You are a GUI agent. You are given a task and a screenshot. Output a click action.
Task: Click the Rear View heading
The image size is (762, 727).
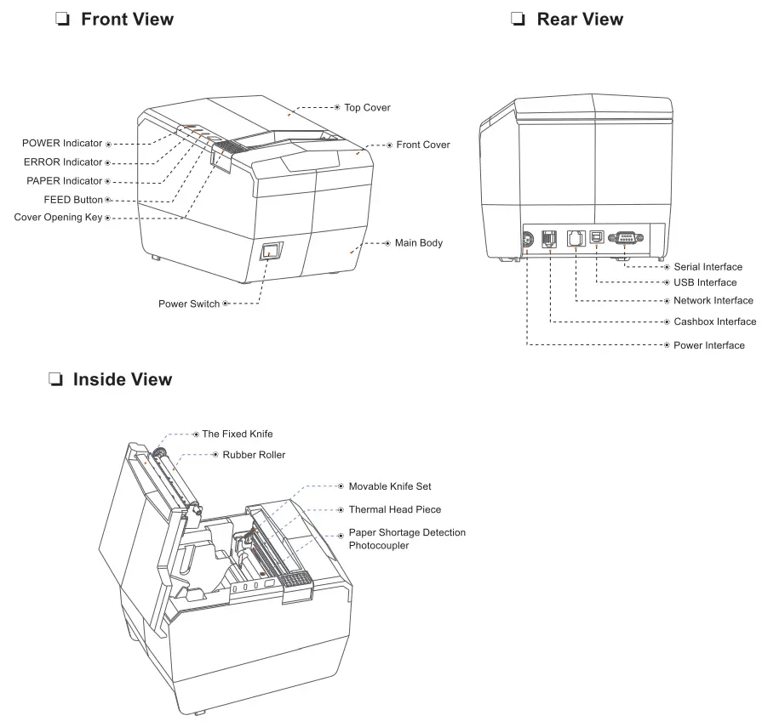tap(579, 19)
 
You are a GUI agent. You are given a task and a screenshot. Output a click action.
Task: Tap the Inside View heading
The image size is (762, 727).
tap(122, 379)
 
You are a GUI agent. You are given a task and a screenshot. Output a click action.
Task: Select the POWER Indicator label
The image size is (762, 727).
tap(62, 143)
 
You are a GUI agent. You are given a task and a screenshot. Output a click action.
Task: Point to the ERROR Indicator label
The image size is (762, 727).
tap(62, 162)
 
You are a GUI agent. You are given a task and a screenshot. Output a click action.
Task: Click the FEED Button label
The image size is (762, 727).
tap(72, 200)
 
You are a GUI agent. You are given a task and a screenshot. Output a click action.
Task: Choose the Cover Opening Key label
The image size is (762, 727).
tap(58, 218)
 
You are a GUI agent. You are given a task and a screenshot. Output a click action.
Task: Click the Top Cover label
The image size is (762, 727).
tap(367, 108)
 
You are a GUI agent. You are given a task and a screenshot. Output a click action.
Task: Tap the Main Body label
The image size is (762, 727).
tap(418, 243)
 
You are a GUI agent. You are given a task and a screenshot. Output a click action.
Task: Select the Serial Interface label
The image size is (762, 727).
tap(708, 267)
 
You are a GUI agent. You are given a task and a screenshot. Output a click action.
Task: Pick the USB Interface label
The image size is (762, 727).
tap(704, 282)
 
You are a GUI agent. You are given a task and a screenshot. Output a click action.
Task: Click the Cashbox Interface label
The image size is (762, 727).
tap(714, 321)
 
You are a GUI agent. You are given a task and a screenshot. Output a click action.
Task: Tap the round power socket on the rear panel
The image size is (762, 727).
tap(527, 241)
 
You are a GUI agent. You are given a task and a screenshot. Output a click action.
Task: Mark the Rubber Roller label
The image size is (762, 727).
tap(254, 455)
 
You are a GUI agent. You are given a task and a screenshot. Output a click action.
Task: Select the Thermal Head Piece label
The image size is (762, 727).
tap(394, 509)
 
